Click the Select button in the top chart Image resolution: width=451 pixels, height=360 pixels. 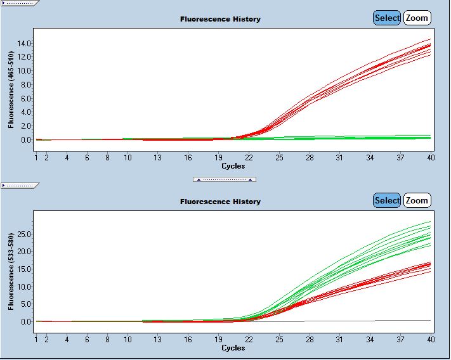[x=387, y=18]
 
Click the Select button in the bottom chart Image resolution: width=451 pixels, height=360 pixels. [x=387, y=200]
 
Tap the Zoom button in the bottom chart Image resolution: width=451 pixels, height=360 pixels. [x=417, y=200]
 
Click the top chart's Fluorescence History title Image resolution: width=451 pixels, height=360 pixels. [x=220, y=19]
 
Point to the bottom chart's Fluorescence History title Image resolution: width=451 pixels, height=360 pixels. [x=220, y=202]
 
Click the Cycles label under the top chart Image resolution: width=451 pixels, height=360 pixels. [x=233, y=166]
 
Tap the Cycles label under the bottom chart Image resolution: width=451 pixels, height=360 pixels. [x=233, y=348]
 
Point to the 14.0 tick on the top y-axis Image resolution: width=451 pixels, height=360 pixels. [x=25, y=43]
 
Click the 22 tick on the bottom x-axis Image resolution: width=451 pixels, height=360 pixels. [x=249, y=339]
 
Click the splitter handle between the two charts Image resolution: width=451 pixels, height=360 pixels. [x=225, y=179]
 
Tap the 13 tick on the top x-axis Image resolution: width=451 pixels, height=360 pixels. [x=157, y=157]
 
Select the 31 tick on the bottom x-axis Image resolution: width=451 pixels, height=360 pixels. [x=341, y=339]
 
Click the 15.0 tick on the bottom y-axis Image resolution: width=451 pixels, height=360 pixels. [x=25, y=269]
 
